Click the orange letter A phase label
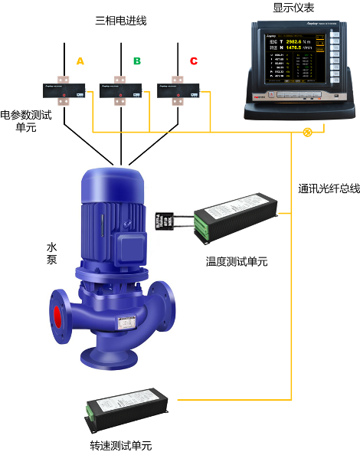click(80, 61)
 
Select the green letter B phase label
click(136, 61)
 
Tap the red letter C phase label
click(193, 61)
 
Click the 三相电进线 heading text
click(120, 21)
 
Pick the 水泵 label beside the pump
click(52, 254)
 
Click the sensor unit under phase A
click(63, 90)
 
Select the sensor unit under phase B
click(119, 90)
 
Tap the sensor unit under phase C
click(175, 90)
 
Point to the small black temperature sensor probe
click(165, 221)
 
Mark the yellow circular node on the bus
click(308, 133)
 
